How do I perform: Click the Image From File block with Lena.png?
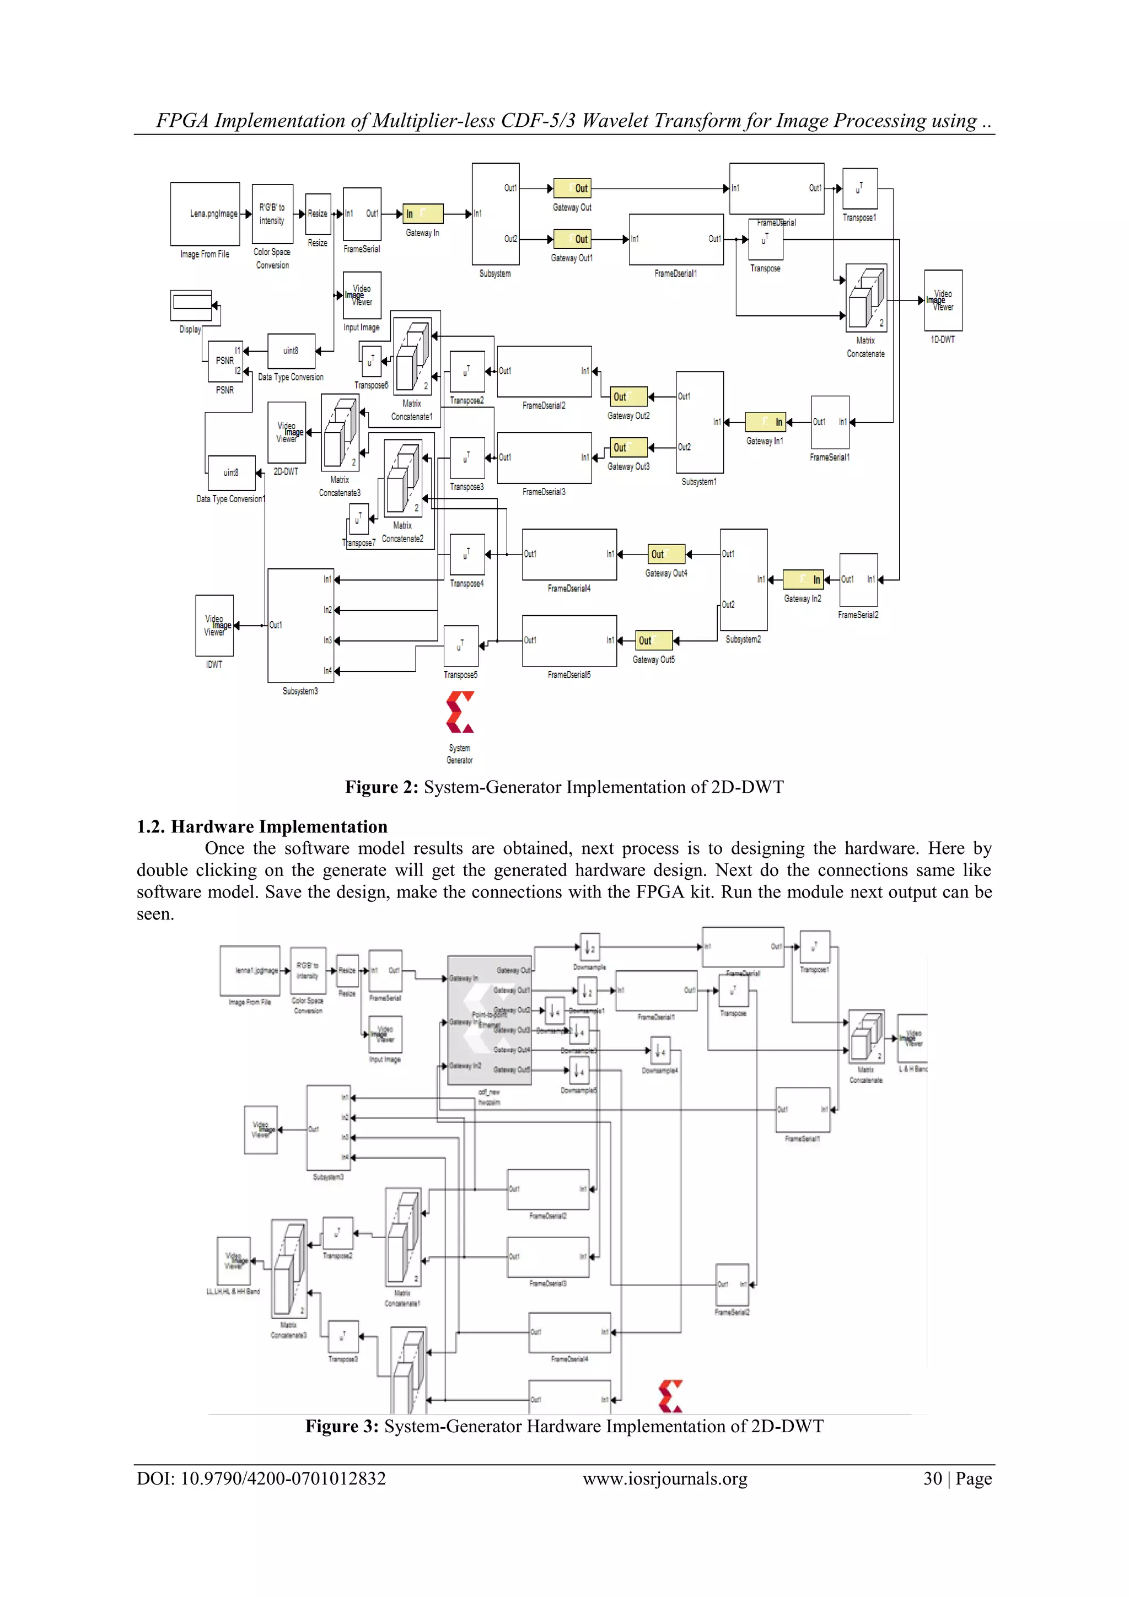(205, 213)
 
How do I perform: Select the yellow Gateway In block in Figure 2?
(423, 213)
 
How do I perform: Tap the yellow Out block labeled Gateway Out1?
(572, 239)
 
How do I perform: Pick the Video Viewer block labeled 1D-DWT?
(943, 300)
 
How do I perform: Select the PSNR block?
(225, 361)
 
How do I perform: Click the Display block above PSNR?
(191, 305)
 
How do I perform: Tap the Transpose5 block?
(460, 646)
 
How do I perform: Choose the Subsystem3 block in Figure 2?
(300, 625)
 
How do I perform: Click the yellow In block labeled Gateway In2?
(803, 579)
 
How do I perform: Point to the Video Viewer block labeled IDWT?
(214, 625)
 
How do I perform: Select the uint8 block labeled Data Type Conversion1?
(232, 473)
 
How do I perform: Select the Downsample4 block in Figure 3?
(659, 1050)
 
